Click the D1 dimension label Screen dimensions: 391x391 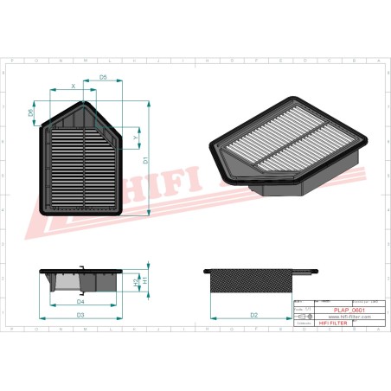[146, 160]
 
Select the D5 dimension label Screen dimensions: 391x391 [103, 77]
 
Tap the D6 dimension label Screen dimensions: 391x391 [32, 112]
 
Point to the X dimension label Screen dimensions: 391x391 [73, 86]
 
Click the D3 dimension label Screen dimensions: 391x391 [80, 316]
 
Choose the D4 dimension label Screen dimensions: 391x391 [80, 302]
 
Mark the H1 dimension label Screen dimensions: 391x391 [144, 282]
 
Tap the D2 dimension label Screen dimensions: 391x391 [254, 316]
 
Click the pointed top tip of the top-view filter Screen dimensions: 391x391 [85, 102]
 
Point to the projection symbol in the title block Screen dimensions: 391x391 [302, 317]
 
